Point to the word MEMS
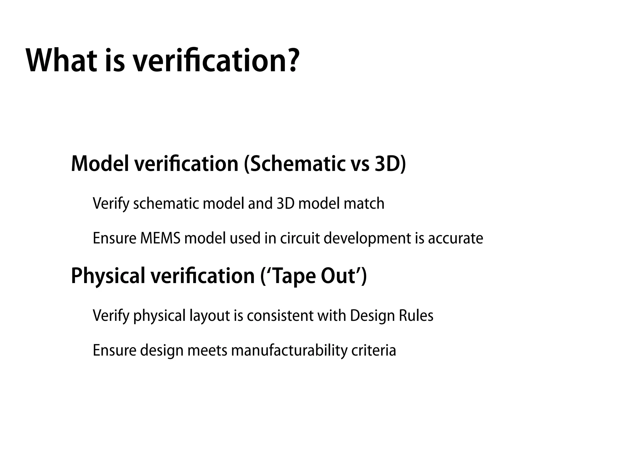[160, 238]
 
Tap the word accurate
[456, 238]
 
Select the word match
[364, 204]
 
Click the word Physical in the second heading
[108, 276]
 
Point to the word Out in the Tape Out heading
[338, 275]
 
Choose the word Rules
[416, 316]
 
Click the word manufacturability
[289, 350]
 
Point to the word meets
[207, 350]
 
